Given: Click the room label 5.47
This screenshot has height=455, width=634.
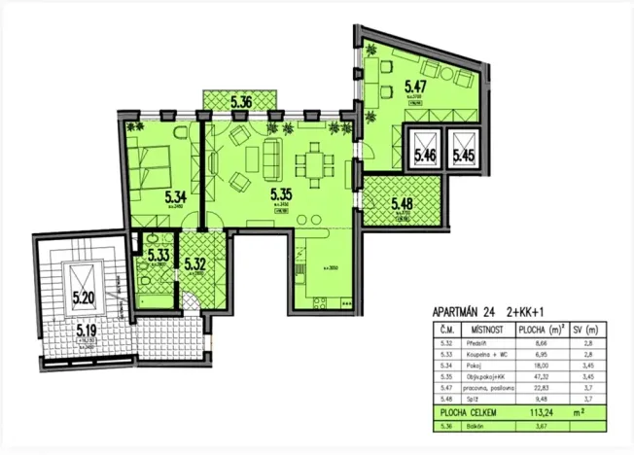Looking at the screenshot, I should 416,87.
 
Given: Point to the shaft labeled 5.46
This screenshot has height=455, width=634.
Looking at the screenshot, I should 425,154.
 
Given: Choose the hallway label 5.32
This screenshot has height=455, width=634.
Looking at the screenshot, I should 195,261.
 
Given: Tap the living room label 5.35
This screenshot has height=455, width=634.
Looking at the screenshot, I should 281,192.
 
